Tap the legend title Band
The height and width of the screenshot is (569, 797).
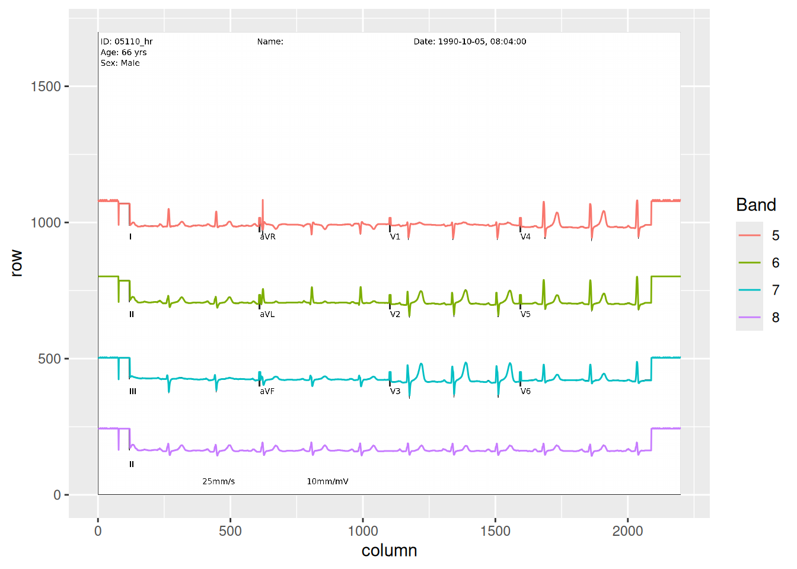(x=756, y=205)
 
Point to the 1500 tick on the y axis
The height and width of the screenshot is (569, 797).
(x=46, y=87)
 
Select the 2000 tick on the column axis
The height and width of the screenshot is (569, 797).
(x=627, y=531)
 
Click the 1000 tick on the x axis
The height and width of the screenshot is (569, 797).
(x=363, y=531)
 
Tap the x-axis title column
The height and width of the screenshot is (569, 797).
(x=389, y=551)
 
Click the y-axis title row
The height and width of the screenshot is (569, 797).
(x=16, y=263)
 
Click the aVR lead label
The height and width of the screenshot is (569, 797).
(x=267, y=237)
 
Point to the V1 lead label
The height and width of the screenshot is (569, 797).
(x=395, y=237)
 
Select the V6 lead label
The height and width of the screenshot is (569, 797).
(x=525, y=392)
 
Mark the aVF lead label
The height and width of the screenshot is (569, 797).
(x=267, y=392)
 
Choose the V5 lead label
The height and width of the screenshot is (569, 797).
(x=525, y=315)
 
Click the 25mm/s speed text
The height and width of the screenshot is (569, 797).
(x=219, y=481)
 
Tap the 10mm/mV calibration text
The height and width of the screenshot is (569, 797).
(x=327, y=481)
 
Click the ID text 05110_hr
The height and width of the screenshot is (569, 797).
(x=133, y=41)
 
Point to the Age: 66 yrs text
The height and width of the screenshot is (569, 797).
(x=124, y=52)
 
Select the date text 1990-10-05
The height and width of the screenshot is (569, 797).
(x=462, y=41)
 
